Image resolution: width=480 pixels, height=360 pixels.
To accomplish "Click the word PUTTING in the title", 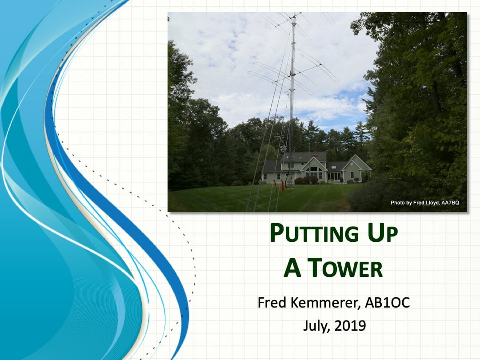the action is [x=314, y=233].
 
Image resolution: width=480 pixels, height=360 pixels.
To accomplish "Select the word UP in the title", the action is [x=383, y=233].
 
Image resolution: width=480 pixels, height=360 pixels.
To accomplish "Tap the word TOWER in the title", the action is [x=345, y=268].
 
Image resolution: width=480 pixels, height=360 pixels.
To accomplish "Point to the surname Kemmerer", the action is [x=325, y=303].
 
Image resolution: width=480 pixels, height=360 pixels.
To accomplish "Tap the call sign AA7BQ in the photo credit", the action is [x=450, y=203].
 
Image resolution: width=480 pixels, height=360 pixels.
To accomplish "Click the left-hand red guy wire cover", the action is [x=275, y=186].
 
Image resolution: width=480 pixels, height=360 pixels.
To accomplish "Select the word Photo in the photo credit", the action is [x=397, y=203].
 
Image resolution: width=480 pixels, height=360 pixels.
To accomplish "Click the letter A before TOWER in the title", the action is [x=292, y=268].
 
